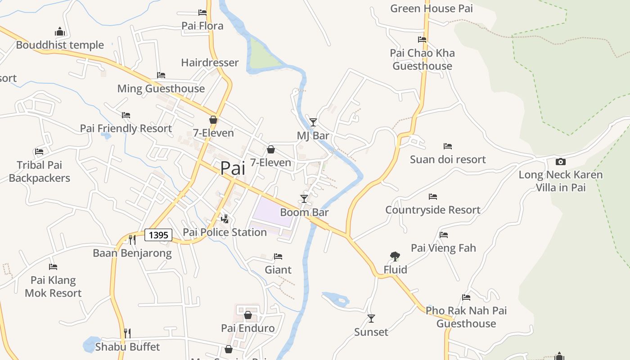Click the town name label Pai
pos(233,168)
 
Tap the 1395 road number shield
pos(158,235)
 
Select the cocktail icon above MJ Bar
pos(313,122)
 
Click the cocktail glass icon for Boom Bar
pos(304,199)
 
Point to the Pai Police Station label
pos(225,232)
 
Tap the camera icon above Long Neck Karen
pos(560,162)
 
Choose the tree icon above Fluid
pos(395,256)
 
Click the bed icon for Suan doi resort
pos(447,146)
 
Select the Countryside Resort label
pos(432,210)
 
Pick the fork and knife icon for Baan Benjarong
pos(132,239)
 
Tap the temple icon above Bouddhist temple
pos(60,31)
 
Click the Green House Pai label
pos(431,9)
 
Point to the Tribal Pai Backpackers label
pos(40,171)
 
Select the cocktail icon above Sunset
pos(371,319)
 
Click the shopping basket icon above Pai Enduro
pos(247,315)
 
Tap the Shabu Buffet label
pos(127,347)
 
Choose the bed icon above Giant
pos(278,256)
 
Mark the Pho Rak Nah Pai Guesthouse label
pos(466,317)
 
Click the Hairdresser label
pos(210,63)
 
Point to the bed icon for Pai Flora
pos(202,13)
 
